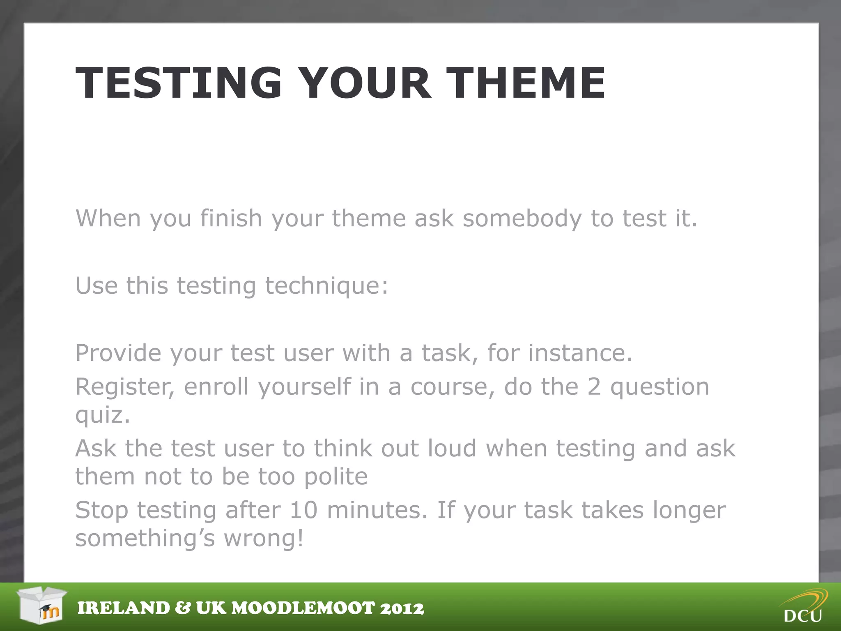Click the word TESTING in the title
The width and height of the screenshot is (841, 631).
pos(179,83)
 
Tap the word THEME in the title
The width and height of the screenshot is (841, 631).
pos(526,83)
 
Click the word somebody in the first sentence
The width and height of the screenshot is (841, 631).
pos(522,218)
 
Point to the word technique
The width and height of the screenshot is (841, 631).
pos(326,286)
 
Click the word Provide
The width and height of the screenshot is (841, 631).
pos(118,353)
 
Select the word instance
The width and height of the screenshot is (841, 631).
pos(580,353)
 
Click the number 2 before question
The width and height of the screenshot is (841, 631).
pos(594,387)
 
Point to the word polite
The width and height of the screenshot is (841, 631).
pos(335,477)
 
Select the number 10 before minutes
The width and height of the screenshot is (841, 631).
pos(303,510)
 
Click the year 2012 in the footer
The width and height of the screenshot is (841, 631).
pos(402,608)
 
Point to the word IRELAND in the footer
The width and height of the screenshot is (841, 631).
pos(123,608)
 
